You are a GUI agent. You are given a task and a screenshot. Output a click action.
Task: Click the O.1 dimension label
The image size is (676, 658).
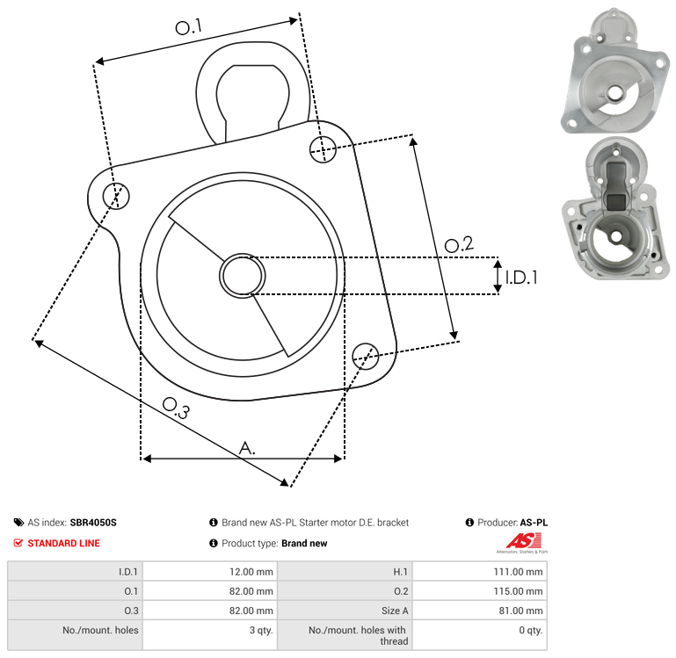pyautogui.click(x=188, y=28)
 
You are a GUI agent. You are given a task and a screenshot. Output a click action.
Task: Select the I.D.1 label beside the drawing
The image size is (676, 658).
pyautogui.click(x=520, y=278)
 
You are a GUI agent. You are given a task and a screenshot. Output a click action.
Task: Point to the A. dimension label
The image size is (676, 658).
pyautogui.click(x=248, y=448)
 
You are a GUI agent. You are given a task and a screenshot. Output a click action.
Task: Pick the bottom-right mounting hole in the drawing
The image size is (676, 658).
pyautogui.click(x=365, y=355)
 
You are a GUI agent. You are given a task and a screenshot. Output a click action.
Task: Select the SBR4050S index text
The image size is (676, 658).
pyautogui.click(x=93, y=523)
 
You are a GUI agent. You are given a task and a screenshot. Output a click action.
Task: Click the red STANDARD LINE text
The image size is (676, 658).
pyautogui.click(x=63, y=544)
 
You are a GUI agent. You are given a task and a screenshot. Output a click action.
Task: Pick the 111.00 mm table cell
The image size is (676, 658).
pyautogui.click(x=522, y=572)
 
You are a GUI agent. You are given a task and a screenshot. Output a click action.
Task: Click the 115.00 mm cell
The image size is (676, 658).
pyautogui.click(x=522, y=591)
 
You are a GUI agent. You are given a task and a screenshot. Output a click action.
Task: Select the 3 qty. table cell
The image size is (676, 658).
pyautogui.click(x=259, y=630)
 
